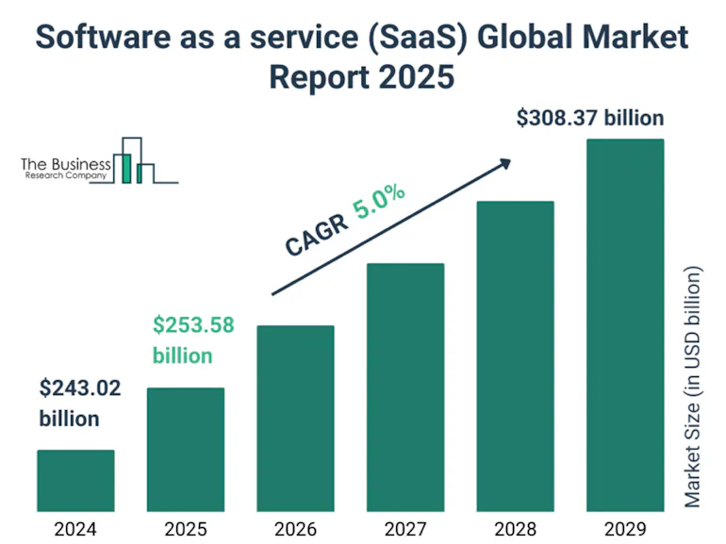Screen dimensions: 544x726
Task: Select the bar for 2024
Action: [75, 480]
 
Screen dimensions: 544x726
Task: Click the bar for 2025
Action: [186, 449]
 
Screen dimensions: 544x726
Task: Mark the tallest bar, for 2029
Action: [625, 324]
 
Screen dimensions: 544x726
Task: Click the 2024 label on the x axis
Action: [75, 528]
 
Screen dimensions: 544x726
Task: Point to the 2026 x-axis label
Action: [295, 528]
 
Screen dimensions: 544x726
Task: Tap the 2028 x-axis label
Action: [515, 528]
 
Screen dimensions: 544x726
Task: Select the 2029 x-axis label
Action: [625, 528]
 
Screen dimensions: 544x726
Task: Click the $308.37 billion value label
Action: [590, 119]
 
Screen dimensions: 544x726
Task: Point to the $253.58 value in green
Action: [193, 326]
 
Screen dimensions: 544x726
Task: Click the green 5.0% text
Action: [379, 204]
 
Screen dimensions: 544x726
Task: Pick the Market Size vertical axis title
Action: [694, 387]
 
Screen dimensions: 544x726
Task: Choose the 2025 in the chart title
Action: [414, 76]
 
